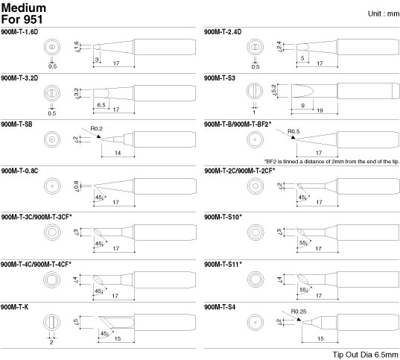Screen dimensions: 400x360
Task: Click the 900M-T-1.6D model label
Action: click(19, 32)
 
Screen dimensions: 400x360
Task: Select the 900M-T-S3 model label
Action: click(220, 78)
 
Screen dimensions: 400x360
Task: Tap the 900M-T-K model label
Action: click(15, 307)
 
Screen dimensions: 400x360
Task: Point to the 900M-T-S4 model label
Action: click(220, 307)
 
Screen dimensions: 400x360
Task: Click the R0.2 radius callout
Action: click(96, 128)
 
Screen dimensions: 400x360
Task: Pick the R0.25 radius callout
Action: click(299, 312)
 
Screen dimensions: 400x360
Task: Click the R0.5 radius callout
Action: click(293, 131)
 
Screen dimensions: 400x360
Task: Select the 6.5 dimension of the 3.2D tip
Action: click(101, 105)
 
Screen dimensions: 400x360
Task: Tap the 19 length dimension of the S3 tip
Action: click(320, 110)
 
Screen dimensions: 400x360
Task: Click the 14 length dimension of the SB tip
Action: click(118, 153)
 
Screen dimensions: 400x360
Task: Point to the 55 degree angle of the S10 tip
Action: click(304, 243)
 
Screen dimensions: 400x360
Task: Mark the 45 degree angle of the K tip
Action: click(104, 333)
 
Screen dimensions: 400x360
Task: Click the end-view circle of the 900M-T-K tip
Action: click(52, 323)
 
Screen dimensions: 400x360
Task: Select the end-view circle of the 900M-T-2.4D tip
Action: click(255, 47)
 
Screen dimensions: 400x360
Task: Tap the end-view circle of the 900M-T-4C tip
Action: click(52, 280)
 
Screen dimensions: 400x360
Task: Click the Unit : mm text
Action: click(384, 13)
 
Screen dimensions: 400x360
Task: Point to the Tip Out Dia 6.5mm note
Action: click(365, 355)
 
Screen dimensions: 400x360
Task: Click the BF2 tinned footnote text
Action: click(331, 161)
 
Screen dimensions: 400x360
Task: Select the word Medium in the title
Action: click(24, 7)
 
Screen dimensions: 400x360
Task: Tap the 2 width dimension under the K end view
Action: click(51, 342)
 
